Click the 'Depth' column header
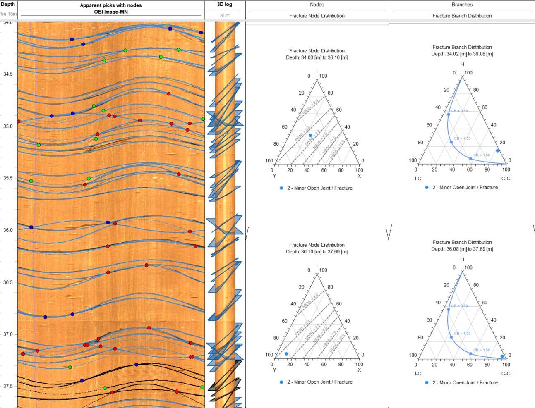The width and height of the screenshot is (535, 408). coord(8,4)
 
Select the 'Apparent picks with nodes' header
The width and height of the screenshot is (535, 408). coord(110,5)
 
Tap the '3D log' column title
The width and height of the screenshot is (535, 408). coord(225,5)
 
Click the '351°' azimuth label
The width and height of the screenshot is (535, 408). coord(225,16)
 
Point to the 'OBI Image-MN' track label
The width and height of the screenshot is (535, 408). coord(110,12)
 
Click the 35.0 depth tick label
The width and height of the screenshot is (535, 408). coord(8,126)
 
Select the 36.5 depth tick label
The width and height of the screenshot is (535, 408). coord(8,282)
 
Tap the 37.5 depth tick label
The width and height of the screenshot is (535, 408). coord(8,386)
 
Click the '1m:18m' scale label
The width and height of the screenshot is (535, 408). coord(9,14)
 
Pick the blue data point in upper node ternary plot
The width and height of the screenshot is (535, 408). coord(310,135)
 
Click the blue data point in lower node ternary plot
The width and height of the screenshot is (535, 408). coord(286,354)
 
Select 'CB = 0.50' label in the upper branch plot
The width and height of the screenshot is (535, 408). coord(459,111)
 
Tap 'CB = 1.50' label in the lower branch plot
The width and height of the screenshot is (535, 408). coord(481,350)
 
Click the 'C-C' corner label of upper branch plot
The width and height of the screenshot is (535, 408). coord(506,179)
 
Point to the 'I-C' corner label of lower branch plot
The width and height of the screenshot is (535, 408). coord(418,373)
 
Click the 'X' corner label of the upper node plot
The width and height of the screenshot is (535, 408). coord(359,176)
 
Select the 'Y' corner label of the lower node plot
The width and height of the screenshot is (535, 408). coord(274,370)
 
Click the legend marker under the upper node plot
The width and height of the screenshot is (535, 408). coord(281,188)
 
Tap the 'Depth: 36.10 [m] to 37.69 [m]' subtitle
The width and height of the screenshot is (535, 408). coord(317,251)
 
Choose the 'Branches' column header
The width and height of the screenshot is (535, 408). coord(462,5)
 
